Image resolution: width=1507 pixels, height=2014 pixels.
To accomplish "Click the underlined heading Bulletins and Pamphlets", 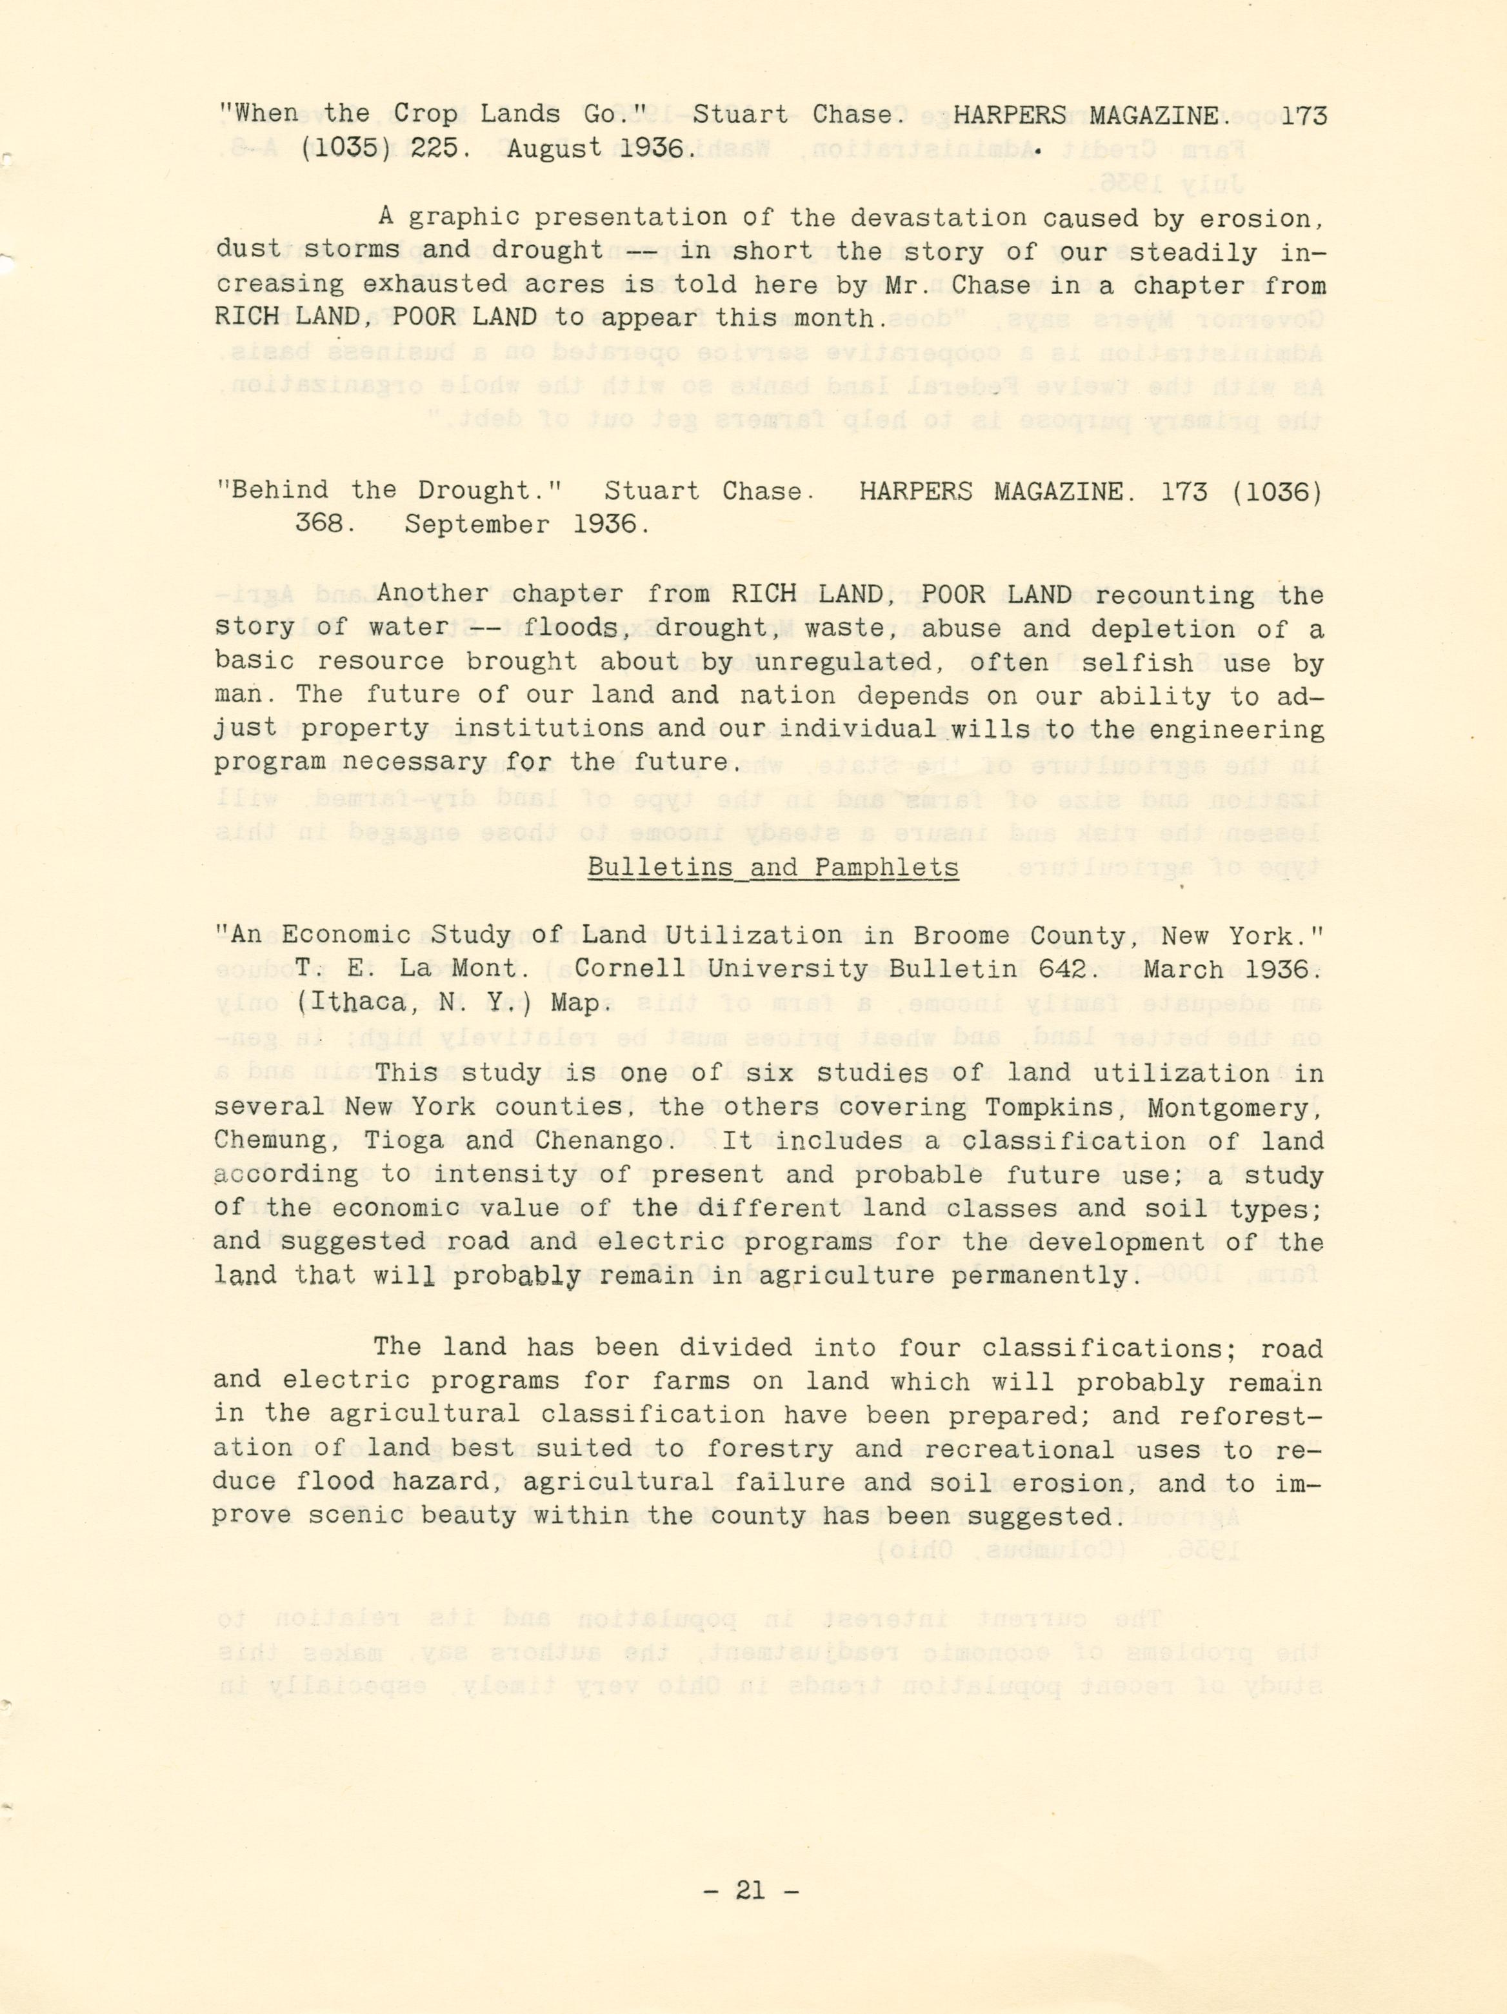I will pyautogui.click(x=772, y=867).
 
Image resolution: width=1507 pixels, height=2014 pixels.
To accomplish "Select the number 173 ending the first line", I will pyautogui.click(x=1303, y=115).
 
